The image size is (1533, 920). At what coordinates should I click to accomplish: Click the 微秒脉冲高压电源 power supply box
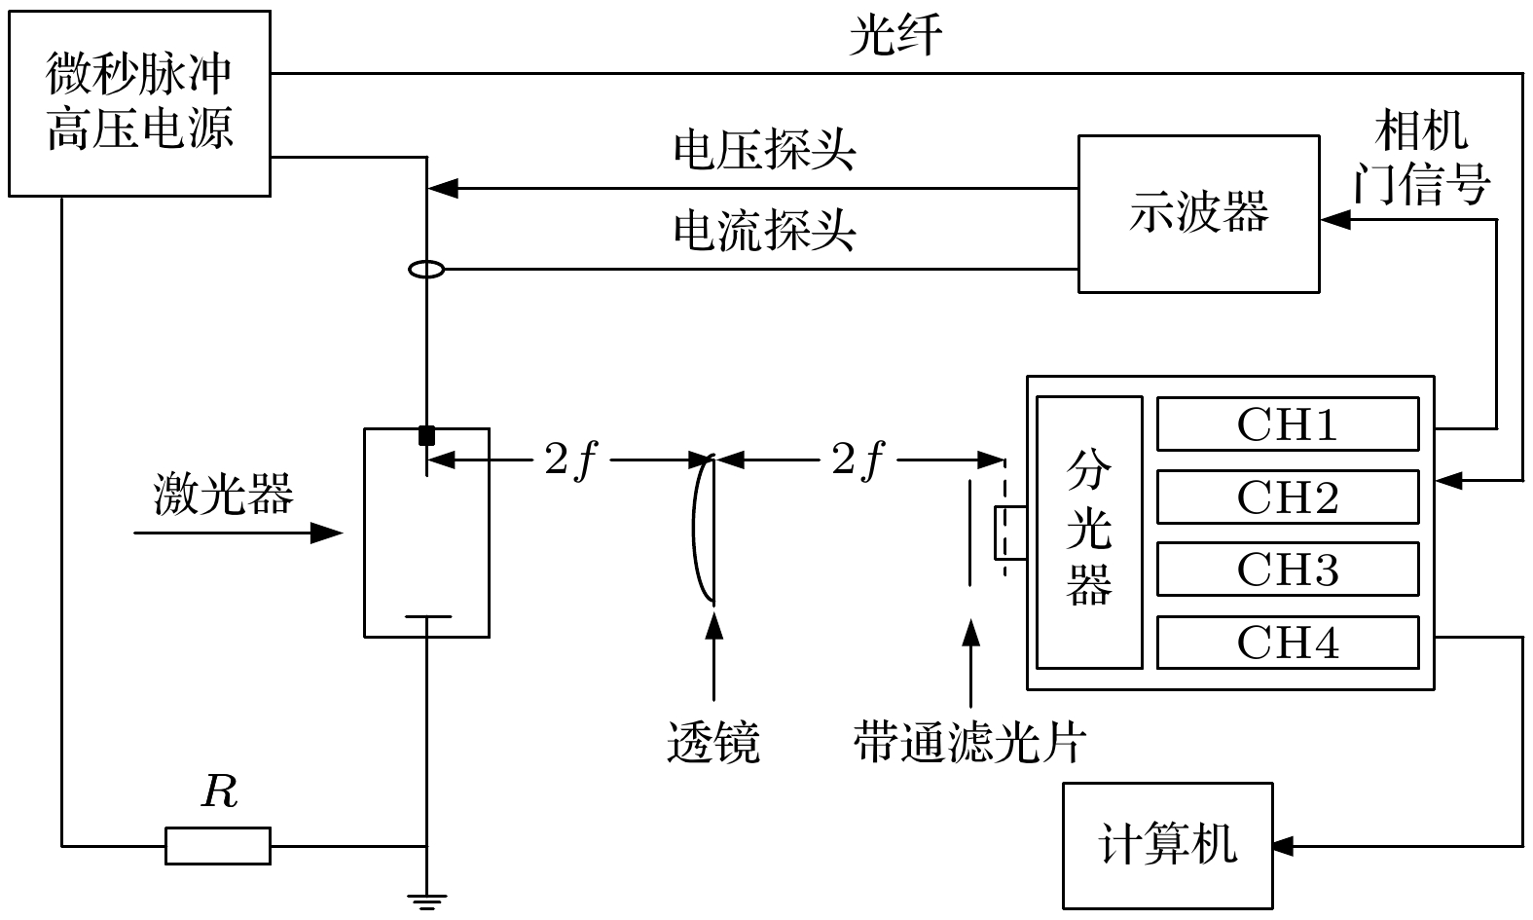[x=139, y=103]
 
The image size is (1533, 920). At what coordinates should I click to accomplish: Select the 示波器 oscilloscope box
[x=1198, y=213]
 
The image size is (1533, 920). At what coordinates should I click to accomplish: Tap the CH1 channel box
[x=1287, y=423]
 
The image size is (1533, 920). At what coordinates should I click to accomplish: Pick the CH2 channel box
[x=1287, y=497]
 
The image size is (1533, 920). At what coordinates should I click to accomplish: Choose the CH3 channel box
[x=1287, y=570]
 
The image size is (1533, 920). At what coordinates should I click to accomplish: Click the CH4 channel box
[x=1287, y=643]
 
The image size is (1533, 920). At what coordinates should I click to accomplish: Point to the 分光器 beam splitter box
[x=1088, y=532]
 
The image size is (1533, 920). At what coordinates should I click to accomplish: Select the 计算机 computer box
[x=1167, y=845]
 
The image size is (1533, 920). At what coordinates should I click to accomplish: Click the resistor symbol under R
[x=218, y=845]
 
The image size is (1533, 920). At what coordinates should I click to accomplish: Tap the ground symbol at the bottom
[x=426, y=901]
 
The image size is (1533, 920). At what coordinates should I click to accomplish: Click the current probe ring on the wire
[x=426, y=269]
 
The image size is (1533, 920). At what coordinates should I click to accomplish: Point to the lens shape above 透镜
[x=705, y=531]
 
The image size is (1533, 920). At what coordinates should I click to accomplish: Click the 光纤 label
[x=895, y=38]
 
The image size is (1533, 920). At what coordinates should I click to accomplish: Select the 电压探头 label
[x=764, y=151]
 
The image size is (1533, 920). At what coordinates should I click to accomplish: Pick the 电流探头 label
[x=764, y=231]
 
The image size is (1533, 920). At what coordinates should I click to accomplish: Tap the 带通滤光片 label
[x=969, y=742]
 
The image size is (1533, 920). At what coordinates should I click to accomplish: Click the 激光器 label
[x=223, y=495]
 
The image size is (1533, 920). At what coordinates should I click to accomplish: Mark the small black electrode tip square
[x=426, y=435]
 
